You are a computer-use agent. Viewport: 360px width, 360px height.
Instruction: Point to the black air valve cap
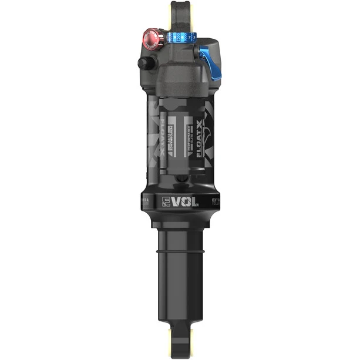pyautogui.click(x=143, y=63)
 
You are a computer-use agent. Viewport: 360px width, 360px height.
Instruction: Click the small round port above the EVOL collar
pyautogui.click(x=180, y=180)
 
